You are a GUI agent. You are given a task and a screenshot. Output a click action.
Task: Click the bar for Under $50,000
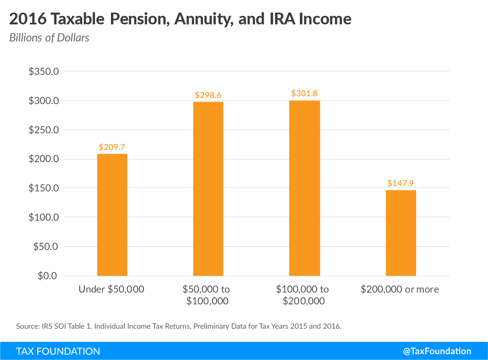tap(112, 215)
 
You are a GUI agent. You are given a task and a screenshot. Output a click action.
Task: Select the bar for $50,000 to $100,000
tap(208, 189)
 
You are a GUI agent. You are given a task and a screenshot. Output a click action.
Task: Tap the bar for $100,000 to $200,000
tap(304, 188)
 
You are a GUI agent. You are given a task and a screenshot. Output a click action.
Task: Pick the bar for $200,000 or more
tap(401, 233)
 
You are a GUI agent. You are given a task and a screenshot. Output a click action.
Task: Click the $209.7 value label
tap(112, 147)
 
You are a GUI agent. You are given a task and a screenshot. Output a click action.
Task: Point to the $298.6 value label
tap(208, 95)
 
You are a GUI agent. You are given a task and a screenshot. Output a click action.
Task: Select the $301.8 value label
tap(304, 94)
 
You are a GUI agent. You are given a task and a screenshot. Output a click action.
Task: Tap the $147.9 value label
tap(401, 183)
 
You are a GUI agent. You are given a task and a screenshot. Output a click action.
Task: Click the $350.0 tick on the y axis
tap(44, 72)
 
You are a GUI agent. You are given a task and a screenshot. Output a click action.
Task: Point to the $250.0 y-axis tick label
tap(44, 130)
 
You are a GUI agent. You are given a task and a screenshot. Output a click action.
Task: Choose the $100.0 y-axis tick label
tap(44, 217)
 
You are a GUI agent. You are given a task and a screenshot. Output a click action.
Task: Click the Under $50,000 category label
tap(112, 289)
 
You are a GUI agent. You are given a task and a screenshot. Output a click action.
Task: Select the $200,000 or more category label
tap(400, 289)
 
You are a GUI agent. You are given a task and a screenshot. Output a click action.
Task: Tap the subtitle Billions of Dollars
tap(49, 38)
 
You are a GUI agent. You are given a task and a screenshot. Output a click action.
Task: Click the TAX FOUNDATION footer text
tap(58, 351)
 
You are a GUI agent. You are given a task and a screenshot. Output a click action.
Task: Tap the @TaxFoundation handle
tap(437, 351)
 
